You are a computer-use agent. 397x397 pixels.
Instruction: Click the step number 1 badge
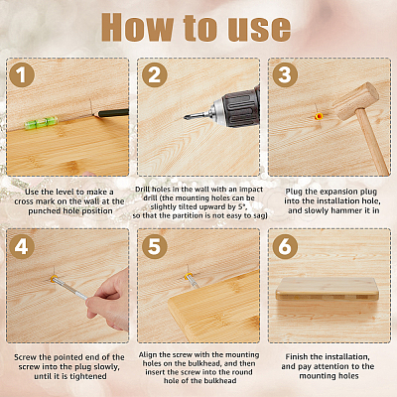click(x=22, y=74)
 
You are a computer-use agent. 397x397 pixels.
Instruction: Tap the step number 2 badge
click(x=154, y=74)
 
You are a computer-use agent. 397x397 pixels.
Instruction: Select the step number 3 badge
click(x=285, y=74)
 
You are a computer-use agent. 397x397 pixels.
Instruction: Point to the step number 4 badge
click(x=22, y=246)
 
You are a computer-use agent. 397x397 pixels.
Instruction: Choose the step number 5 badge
click(x=154, y=246)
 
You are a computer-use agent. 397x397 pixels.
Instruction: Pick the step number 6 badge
click(x=285, y=246)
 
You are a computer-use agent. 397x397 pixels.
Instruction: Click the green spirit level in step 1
click(x=42, y=122)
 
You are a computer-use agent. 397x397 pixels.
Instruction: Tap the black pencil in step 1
click(x=111, y=113)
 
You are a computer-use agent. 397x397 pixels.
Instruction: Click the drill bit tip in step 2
click(x=185, y=117)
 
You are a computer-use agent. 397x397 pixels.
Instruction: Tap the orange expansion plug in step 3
click(x=319, y=116)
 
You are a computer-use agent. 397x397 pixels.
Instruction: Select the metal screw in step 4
click(x=68, y=288)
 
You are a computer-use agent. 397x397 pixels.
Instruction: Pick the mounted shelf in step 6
click(x=328, y=289)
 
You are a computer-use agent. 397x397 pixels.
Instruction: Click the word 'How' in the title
click(x=138, y=28)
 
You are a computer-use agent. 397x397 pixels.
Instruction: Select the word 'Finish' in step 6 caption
click(x=297, y=356)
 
